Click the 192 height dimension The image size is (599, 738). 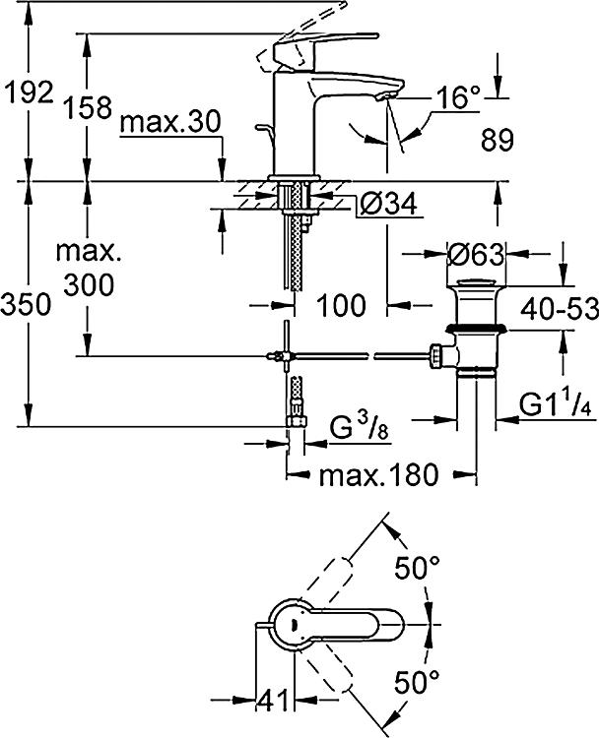click(x=29, y=92)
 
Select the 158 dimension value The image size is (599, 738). click(x=88, y=107)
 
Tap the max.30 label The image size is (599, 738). click(x=170, y=122)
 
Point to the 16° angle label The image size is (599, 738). click(x=457, y=97)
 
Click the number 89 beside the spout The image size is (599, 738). click(x=498, y=140)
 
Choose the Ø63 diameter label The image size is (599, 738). click(x=475, y=255)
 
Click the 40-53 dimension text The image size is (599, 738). click(x=560, y=308)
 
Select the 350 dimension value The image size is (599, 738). click(x=26, y=304)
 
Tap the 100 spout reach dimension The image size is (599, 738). click(x=341, y=305)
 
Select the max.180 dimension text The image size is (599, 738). click(x=379, y=475)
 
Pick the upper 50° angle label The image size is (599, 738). click(x=417, y=568)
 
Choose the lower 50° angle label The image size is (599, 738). click(x=417, y=683)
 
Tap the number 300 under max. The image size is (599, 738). click(x=89, y=284)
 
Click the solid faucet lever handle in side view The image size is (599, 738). click(x=325, y=43)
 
